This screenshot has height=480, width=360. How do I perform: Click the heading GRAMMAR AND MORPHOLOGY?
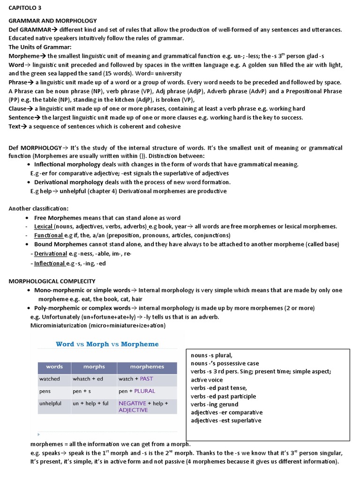[x=52, y=21]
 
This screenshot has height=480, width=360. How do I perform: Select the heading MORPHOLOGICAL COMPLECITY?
[x=52, y=281]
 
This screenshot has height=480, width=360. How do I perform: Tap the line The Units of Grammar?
[x=40, y=47]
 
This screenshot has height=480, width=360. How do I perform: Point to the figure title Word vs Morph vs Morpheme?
[x=107, y=344]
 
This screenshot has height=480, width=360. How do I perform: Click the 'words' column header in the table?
[x=54, y=367]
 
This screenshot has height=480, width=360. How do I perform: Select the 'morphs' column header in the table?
[x=94, y=367]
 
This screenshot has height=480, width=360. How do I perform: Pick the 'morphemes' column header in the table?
[x=147, y=367]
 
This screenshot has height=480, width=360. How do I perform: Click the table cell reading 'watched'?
[x=50, y=379]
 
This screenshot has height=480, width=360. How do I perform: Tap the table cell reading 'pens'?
[x=45, y=391]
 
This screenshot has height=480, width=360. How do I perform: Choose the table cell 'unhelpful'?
[x=51, y=403]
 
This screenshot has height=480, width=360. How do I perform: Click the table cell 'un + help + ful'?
[x=90, y=403]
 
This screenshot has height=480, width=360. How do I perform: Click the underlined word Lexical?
[x=43, y=226]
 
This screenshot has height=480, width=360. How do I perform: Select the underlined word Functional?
[x=48, y=235]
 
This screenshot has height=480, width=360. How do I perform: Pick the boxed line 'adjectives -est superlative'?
[x=226, y=420]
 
